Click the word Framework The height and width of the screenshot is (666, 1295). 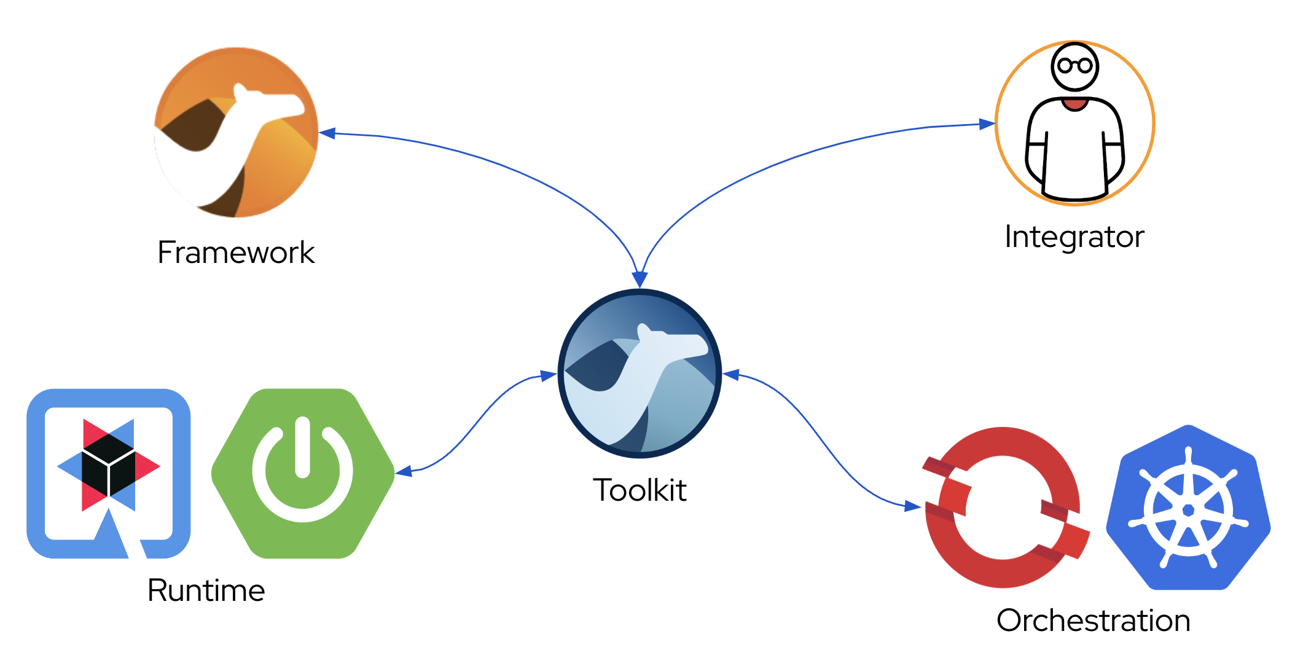pos(236,253)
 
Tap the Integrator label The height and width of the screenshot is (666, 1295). pos(1074,237)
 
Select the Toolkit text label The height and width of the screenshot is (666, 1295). pos(640,490)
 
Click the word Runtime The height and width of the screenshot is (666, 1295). pos(206,590)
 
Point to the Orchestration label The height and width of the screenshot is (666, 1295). pos(1094,621)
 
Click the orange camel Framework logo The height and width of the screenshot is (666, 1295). pos(236,133)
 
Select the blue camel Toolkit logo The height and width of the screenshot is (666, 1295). pos(640,374)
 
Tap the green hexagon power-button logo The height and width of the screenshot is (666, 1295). pos(303,473)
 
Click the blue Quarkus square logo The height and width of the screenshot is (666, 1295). pos(109,473)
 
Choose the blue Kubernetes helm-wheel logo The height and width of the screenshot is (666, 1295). pos(1188,509)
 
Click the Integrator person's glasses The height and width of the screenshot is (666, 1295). pos(1075,65)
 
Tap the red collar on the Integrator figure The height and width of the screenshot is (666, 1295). pos(1074,104)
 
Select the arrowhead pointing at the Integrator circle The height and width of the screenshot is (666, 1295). pos(987,124)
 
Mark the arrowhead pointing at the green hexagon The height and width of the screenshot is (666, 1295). pos(403,472)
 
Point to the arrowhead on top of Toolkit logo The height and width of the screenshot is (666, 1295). pos(640,280)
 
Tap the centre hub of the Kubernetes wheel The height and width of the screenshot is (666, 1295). pos(1188,510)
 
